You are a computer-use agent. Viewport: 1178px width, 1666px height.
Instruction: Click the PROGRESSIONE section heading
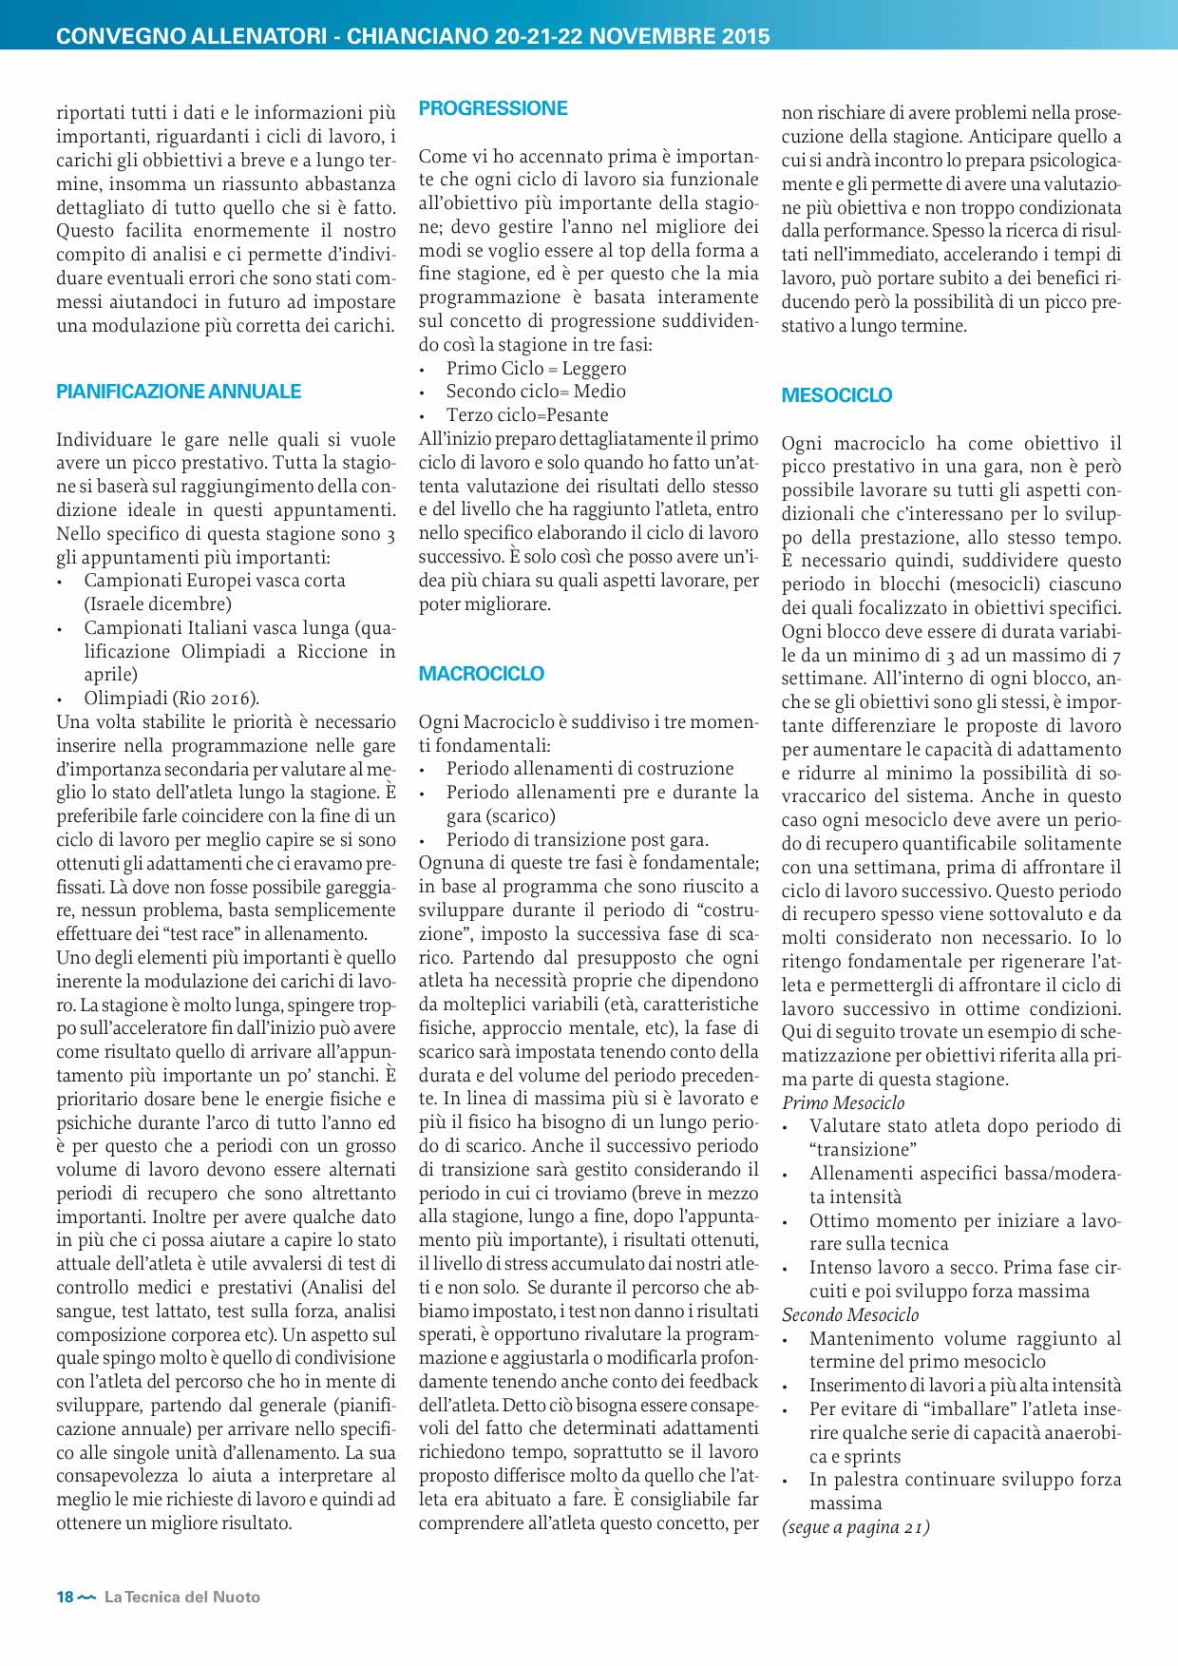[493, 108]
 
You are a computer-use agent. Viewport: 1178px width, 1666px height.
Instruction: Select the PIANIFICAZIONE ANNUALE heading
[179, 392]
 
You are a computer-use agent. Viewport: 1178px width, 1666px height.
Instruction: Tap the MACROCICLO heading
[482, 674]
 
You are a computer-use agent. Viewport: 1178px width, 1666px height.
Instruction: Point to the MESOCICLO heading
[837, 395]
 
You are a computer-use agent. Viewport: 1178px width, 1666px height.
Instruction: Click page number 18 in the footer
[65, 1597]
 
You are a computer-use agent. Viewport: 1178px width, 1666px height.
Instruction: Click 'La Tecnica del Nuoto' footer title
[182, 1597]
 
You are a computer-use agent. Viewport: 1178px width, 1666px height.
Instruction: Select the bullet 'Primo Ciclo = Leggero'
[536, 368]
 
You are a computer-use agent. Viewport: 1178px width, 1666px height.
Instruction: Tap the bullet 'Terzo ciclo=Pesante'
[527, 415]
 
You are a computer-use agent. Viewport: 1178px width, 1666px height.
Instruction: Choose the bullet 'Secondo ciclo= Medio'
[536, 392]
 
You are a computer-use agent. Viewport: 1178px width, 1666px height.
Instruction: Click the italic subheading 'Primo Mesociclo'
[843, 1102]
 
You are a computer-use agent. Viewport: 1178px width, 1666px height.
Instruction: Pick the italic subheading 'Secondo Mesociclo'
[850, 1314]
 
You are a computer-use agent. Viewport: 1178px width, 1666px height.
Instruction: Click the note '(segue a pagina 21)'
[855, 1527]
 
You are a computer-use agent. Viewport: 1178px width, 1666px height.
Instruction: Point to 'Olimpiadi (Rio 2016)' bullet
[171, 699]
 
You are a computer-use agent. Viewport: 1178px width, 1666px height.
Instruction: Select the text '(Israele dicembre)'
[158, 604]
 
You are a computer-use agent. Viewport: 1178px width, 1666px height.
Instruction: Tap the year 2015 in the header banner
[745, 37]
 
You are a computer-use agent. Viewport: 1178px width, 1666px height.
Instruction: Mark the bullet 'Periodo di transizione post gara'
[577, 840]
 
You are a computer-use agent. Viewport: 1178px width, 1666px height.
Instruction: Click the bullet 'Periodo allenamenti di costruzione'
[590, 769]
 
